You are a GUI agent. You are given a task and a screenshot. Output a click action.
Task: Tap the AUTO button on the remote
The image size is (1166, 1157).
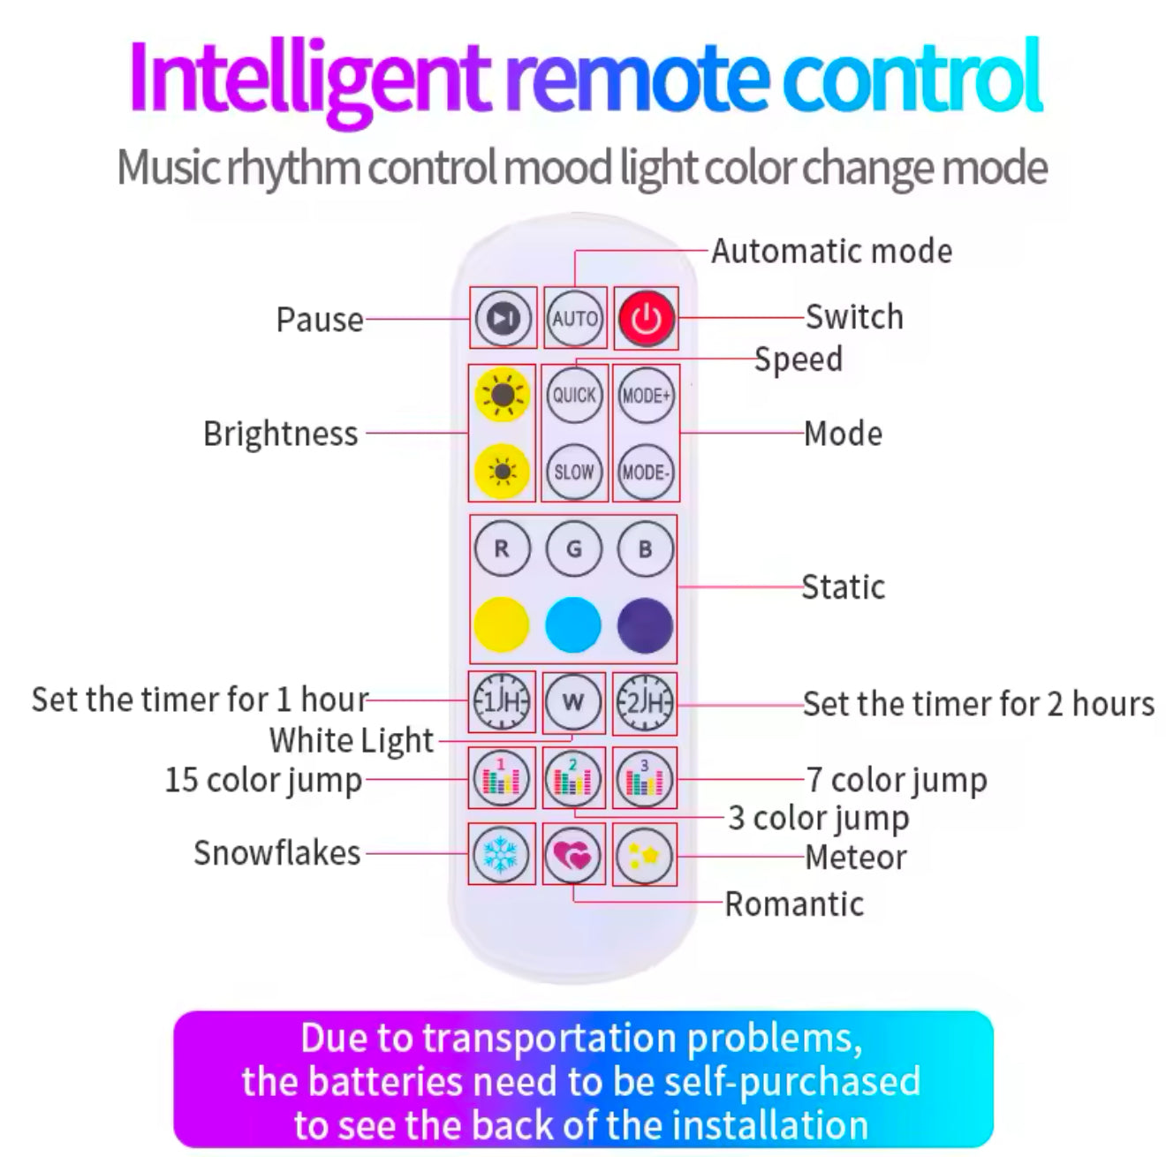tap(575, 318)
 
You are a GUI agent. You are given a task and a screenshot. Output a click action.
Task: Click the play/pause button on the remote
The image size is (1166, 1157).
tap(503, 318)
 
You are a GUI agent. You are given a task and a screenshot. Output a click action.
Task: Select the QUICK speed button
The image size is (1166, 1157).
tap(574, 395)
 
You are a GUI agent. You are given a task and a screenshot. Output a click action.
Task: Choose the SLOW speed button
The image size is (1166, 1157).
tap(574, 472)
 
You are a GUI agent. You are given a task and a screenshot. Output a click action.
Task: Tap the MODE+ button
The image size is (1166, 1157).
tap(646, 395)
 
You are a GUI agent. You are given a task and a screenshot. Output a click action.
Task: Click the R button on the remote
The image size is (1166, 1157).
tap(502, 548)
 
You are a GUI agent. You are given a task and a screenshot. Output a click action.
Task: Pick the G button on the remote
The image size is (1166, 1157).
tap(574, 548)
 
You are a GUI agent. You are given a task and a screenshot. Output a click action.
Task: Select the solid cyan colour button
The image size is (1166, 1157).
tap(573, 624)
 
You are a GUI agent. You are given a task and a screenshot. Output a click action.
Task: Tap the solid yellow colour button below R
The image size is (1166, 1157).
tap(501, 624)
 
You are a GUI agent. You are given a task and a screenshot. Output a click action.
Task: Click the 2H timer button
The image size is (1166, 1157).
tap(645, 703)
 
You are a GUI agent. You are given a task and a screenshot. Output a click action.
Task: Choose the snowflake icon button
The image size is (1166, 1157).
tap(502, 855)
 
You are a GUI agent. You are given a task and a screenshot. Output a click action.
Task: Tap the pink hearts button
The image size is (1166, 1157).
tap(573, 855)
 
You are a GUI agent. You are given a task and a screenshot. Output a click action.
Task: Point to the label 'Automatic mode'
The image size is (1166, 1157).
tap(832, 252)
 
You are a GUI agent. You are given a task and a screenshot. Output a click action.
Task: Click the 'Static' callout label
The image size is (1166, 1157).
tap(843, 587)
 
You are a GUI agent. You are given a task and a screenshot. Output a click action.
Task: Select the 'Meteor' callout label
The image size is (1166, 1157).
tap(855, 858)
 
